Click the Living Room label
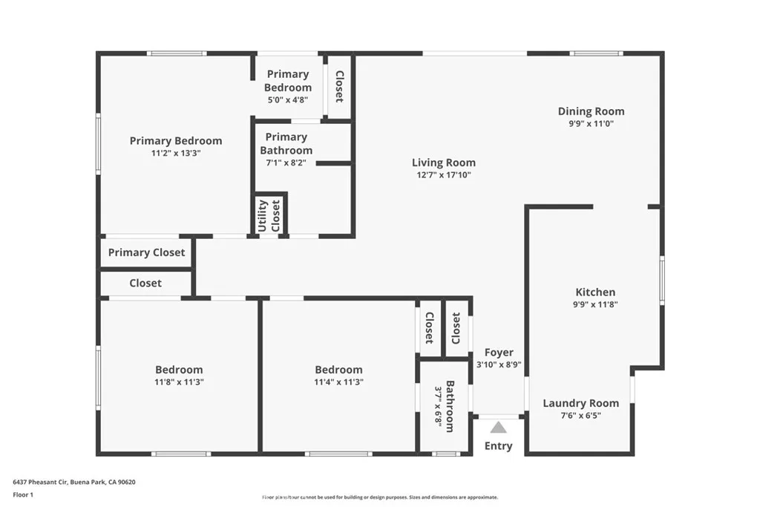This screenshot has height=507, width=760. click(x=444, y=163)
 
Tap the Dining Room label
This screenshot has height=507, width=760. click(x=591, y=111)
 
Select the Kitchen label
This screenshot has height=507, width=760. click(x=595, y=292)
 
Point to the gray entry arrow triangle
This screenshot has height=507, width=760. click(x=498, y=427)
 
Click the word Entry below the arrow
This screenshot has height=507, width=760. click(x=498, y=446)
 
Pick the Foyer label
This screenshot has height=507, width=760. click(x=499, y=353)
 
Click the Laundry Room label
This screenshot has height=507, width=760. click(x=580, y=403)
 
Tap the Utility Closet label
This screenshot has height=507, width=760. click(x=269, y=215)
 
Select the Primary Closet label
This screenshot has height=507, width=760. click(x=146, y=252)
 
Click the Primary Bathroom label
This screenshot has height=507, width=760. click(x=286, y=143)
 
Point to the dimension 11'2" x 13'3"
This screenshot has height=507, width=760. click(x=175, y=153)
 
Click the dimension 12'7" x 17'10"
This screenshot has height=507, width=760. click(x=444, y=175)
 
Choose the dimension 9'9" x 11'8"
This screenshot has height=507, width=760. click(x=595, y=304)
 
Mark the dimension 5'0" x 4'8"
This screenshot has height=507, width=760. click(x=287, y=99)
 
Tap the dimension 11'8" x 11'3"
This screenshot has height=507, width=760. click(x=179, y=382)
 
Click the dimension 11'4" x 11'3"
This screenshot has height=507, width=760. click(x=338, y=382)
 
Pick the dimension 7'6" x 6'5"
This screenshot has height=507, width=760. click(x=580, y=415)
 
